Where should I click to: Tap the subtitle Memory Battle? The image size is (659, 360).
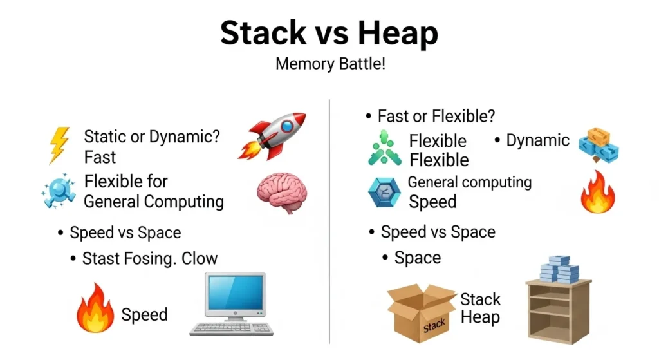[329, 65]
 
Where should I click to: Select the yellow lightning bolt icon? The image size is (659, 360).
[59, 145]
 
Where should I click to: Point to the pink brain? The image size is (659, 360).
[281, 192]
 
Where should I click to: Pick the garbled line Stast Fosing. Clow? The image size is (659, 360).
[150, 259]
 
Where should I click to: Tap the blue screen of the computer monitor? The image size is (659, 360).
[234, 294]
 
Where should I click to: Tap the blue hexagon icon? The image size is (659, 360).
[384, 193]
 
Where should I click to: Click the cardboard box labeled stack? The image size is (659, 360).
[421, 312]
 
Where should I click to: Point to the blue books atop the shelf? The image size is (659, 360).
[558, 269]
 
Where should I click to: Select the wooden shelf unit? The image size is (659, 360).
[558, 312]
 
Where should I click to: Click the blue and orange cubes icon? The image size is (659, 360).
[599, 145]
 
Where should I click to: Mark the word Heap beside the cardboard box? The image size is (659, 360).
[480, 317]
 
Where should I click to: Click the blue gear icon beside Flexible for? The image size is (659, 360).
[60, 191]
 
